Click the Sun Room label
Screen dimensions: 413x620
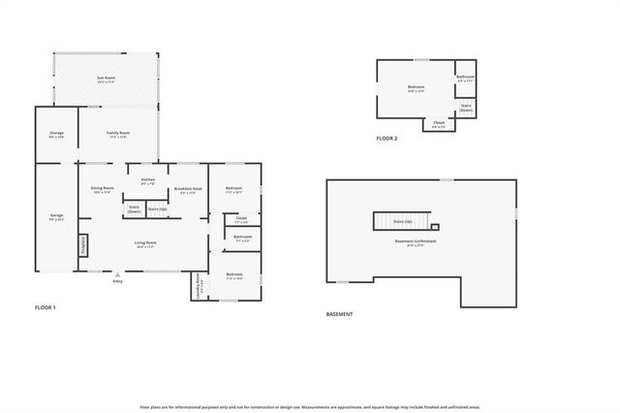(x=106, y=78)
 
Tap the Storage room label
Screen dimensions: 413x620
(x=56, y=134)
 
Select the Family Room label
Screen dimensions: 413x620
(x=118, y=133)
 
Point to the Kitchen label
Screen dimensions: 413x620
(x=148, y=180)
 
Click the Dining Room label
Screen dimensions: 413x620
(x=103, y=188)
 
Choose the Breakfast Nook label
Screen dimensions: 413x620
(x=188, y=189)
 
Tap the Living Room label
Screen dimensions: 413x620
(x=145, y=242)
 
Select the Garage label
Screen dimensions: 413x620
(x=56, y=215)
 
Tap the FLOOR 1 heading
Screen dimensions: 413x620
(x=46, y=307)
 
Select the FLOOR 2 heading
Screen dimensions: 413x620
(x=387, y=139)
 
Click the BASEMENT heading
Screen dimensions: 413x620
(x=339, y=314)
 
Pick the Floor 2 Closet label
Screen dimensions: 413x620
(x=439, y=123)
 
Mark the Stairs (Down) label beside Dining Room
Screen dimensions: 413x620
(x=134, y=208)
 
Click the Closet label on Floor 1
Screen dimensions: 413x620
(x=241, y=218)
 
